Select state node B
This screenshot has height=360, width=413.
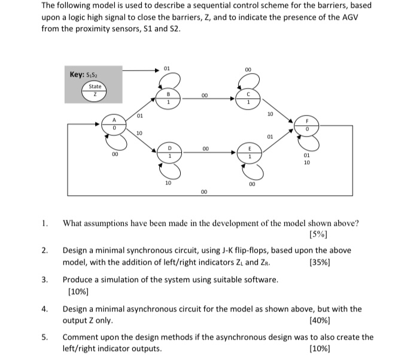click(x=169, y=98)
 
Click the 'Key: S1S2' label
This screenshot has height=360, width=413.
click(x=83, y=74)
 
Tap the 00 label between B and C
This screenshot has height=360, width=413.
click(x=204, y=95)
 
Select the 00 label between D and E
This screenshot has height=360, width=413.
click(x=204, y=147)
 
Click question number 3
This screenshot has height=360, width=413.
click(x=45, y=280)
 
